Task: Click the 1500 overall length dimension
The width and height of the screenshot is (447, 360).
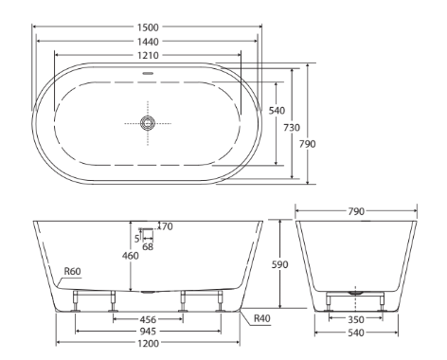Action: [148, 27]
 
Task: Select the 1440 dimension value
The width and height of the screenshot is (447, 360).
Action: [148, 42]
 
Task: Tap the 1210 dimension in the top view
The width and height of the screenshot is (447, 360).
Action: [148, 55]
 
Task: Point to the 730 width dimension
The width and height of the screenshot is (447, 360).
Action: [292, 128]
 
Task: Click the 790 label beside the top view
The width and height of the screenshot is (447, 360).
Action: [307, 144]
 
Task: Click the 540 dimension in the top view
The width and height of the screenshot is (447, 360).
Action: [277, 111]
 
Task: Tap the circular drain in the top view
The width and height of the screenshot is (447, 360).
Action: [148, 123]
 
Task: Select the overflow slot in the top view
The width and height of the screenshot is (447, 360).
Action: [148, 73]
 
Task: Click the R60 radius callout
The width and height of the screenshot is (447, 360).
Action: [72, 271]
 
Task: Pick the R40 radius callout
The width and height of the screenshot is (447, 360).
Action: [262, 318]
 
